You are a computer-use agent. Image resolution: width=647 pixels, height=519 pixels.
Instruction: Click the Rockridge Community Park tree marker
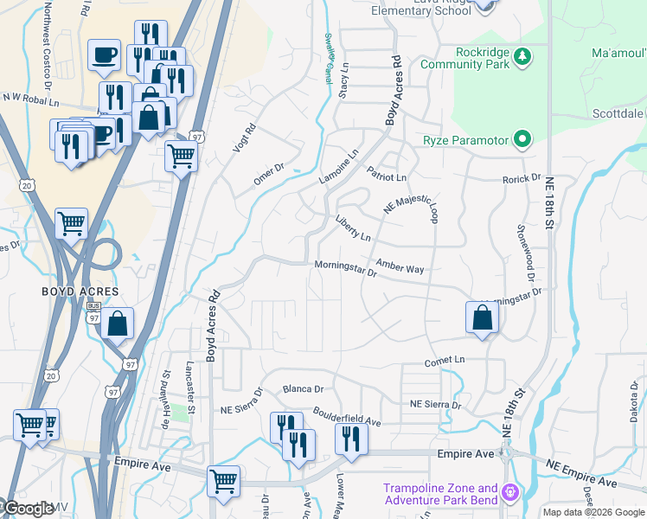click(x=522, y=57)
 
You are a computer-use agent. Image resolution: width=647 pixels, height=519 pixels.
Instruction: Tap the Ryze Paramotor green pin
click(x=522, y=139)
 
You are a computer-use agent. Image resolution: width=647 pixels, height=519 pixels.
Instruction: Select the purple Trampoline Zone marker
click(x=511, y=494)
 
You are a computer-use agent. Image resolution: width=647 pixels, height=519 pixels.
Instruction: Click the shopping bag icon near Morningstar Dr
click(x=482, y=317)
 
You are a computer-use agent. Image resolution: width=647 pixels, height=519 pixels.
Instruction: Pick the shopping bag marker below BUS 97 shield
click(x=117, y=324)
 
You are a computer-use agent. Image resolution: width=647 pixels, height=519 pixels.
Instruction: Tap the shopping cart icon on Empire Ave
click(x=223, y=479)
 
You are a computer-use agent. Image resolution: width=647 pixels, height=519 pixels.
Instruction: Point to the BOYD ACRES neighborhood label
click(x=80, y=292)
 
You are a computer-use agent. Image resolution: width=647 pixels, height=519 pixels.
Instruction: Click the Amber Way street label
click(x=400, y=267)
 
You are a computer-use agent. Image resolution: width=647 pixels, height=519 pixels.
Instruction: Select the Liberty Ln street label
click(x=353, y=229)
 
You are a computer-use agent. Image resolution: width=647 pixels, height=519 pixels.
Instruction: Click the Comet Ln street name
click(x=445, y=359)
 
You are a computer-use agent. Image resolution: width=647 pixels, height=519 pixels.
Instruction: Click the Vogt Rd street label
click(x=245, y=139)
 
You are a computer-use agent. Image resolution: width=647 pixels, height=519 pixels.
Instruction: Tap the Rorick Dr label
click(x=522, y=179)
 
